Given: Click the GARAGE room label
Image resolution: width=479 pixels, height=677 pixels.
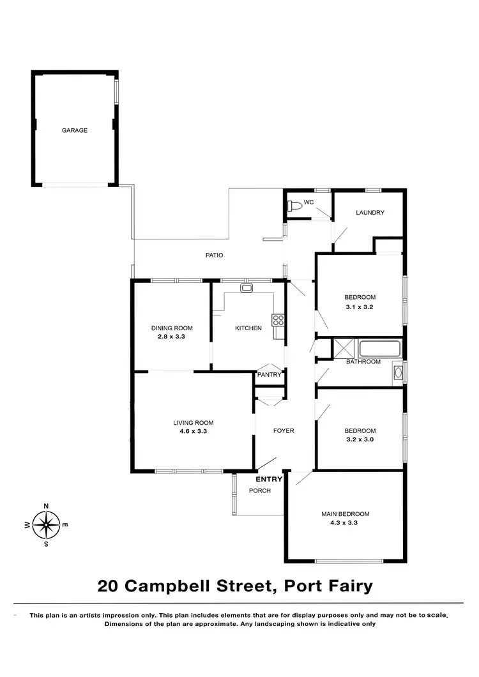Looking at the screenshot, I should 75,130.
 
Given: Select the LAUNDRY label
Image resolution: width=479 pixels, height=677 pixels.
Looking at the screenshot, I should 370,213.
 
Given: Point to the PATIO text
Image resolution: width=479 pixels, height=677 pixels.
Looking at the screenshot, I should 214,255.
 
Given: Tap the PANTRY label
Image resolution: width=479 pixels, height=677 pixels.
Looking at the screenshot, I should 269,375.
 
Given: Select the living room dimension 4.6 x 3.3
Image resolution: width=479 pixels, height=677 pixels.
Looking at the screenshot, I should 193,431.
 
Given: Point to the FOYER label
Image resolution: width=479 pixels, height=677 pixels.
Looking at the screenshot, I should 284,430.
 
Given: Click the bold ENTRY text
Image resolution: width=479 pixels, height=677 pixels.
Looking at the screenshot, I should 269,479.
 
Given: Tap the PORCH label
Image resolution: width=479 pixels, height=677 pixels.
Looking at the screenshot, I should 260,491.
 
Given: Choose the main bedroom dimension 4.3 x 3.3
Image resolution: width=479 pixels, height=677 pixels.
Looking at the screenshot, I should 345,522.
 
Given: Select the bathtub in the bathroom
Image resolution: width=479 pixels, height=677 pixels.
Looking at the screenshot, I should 379,349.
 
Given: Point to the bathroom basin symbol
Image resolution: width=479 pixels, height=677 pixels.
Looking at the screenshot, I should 398,372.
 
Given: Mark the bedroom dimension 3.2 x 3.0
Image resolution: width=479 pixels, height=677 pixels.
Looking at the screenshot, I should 360,439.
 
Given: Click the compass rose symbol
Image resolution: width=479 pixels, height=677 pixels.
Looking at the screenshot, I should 46,525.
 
